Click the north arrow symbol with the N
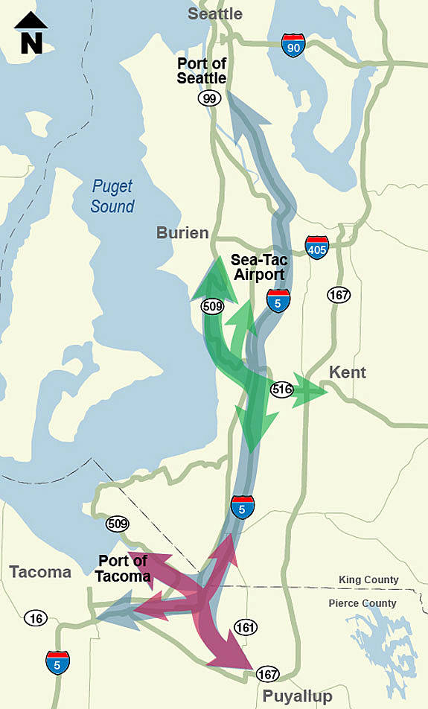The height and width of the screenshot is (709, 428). coord(31,33)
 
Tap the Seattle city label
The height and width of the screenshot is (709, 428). coord(215,14)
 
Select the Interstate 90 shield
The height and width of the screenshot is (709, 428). coord(293,45)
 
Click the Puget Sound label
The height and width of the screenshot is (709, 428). coord(112,197)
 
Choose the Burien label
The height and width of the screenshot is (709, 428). coord(182,233)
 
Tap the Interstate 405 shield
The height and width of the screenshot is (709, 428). coord(316,247)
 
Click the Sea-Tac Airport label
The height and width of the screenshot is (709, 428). coord(258,267)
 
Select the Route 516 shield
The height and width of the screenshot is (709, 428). coord(281,389)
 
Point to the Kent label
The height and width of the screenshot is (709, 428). coord(348,372)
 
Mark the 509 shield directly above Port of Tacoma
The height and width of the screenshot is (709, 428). coord(117,524)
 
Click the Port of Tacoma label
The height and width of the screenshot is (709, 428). coord(123,568)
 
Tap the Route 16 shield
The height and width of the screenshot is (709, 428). coord(35,617)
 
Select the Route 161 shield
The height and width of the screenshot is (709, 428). coord(245,627)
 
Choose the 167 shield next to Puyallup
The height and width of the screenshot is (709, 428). coord(267,675)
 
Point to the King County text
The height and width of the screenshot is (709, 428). coord(368,579)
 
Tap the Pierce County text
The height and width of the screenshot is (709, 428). coord(362,603)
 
